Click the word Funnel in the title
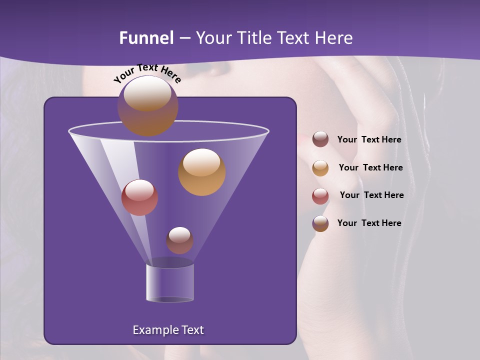146,38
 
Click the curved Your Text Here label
147,72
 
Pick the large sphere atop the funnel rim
147,105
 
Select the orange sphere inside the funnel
201,172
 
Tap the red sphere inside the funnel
139,197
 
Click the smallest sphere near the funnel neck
179,240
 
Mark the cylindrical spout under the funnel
169,283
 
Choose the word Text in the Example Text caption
192,330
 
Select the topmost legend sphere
320,139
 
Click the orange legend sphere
320,167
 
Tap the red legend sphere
320,195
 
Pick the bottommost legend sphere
320,223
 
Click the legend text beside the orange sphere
370,167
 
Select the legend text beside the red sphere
371,195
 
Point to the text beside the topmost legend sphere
369,139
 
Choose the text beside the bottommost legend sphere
369,223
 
